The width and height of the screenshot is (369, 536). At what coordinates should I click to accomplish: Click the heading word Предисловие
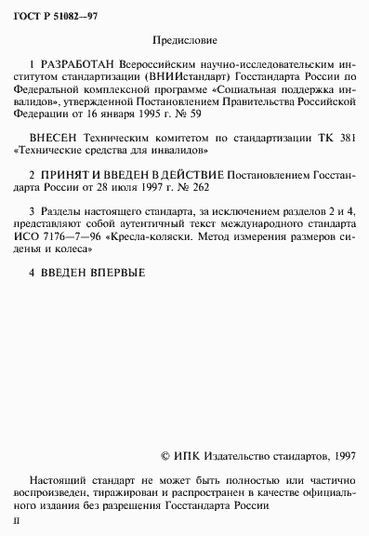coord(183,42)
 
